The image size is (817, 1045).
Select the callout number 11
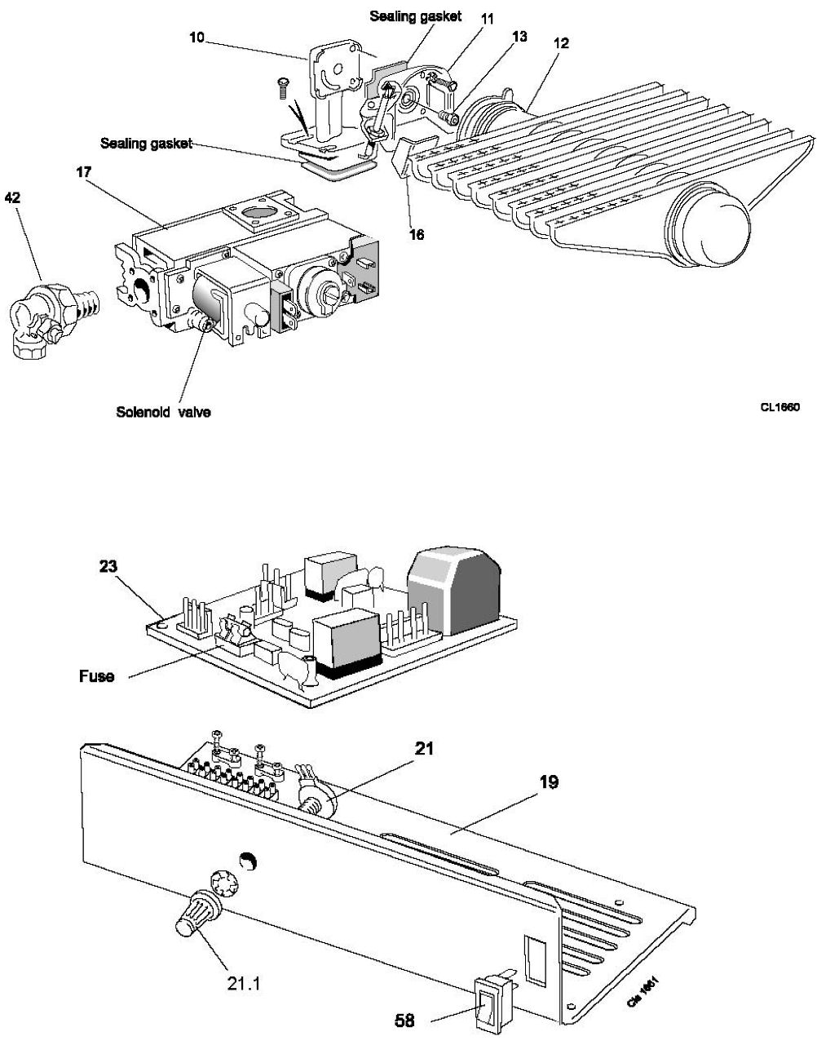click(x=488, y=17)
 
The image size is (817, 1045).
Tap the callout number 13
click(x=519, y=37)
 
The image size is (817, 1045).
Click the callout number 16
click(x=416, y=234)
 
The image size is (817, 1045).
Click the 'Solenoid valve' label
click(x=163, y=412)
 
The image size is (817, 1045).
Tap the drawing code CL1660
click(x=779, y=407)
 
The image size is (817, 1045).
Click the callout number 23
click(x=108, y=566)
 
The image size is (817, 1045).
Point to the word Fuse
click(x=96, y=675)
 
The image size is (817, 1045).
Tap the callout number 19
click(x=548, y=782)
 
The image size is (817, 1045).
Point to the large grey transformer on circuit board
click(x=454, y=589)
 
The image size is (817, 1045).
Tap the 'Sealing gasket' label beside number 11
click(x=416, y=16)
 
